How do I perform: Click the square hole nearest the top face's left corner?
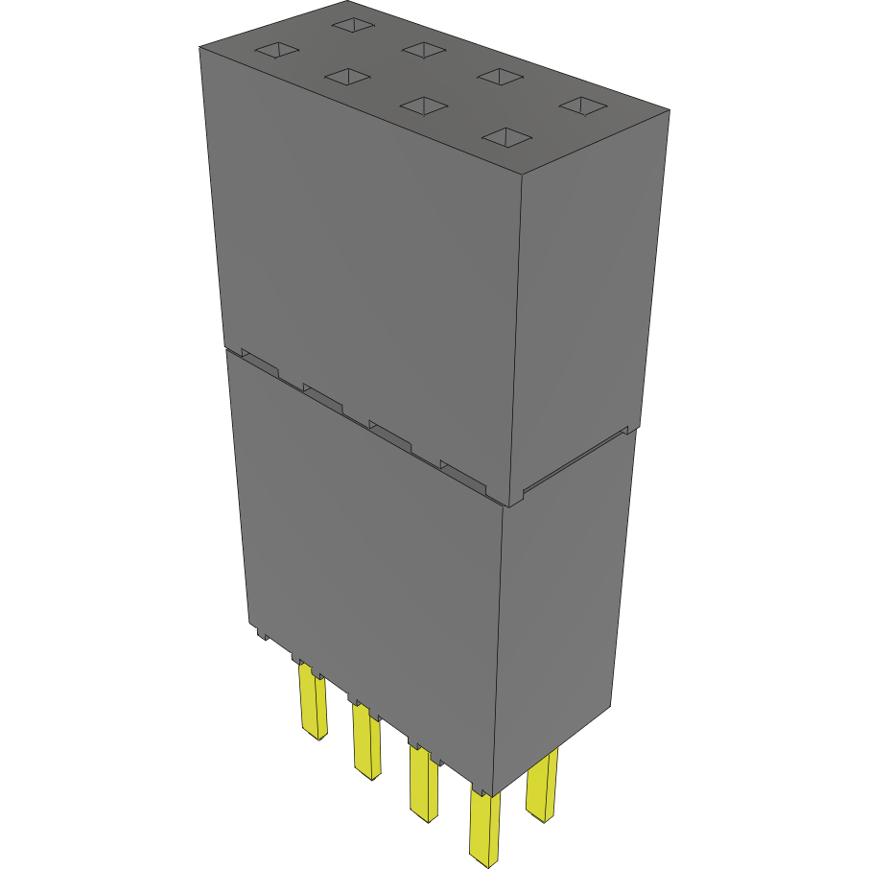(276, 50)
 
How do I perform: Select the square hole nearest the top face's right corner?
(581, 105)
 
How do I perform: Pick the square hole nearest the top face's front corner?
(506, 138)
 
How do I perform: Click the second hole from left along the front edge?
(347, 76)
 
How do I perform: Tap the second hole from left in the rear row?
(422, 48)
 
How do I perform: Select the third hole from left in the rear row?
(499, 76)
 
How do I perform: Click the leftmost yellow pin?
(313, 704)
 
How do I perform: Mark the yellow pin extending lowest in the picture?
(484, 827)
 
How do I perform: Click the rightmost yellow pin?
(542, 787)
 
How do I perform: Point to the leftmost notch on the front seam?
(260, 362)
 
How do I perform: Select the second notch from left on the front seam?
(322, 395)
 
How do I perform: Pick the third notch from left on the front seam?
(389, 434)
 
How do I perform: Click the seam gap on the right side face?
(571, 463)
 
